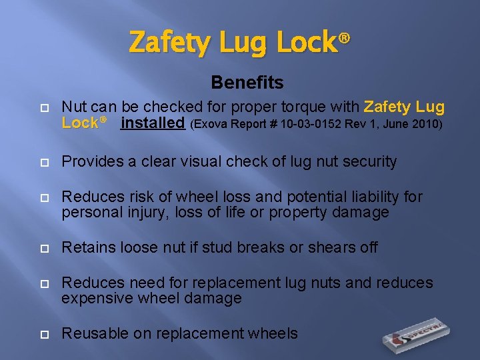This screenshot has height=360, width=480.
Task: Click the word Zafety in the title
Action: (166, 43)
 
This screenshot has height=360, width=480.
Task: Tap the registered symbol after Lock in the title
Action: (344, 39)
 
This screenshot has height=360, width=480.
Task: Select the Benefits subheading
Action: (247, 83)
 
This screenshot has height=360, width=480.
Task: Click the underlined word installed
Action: (153, 123)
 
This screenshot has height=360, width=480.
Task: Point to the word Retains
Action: (86, 248)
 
